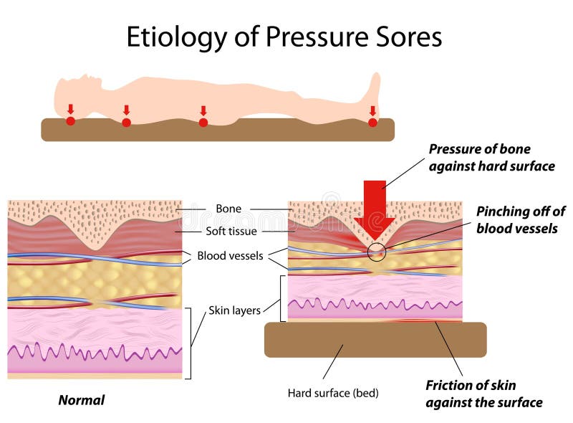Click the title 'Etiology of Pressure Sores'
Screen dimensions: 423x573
coord(284,37)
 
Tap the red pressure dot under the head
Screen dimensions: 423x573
coord(70,121)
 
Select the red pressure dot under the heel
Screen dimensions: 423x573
coord(372,123)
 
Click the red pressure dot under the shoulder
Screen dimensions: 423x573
coord(126,123)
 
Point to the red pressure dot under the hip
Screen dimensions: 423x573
coord(203,123)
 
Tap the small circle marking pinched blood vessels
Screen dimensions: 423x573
coord(376,252)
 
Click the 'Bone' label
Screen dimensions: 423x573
coord(228,209)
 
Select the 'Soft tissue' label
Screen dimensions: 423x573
coord(231,232)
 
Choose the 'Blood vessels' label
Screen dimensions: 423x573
coord(230,256)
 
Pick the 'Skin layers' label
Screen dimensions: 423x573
coord(234,311)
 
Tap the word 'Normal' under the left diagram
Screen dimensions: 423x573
coord(81,400)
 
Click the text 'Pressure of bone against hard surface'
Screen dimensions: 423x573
coord(491,158)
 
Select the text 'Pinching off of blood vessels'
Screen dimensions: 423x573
coord(519,220)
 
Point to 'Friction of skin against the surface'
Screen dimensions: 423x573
coord(483,394)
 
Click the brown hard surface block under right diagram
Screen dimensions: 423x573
coord(375,339)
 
